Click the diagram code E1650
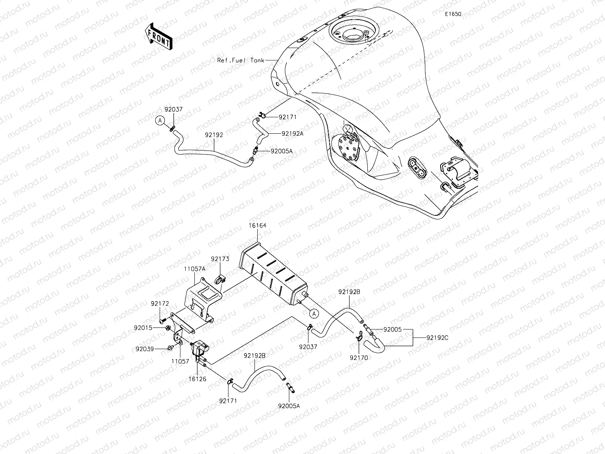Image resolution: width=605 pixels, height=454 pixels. coord(453,14)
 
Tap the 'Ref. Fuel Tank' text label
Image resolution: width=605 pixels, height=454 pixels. coord(240,60)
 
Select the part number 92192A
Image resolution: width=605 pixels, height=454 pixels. coord(292,134)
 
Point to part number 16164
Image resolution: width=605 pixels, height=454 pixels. coord(257,226)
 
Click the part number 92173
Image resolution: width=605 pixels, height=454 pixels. coord(220,259)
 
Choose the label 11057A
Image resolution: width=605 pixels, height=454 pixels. coord(195,269)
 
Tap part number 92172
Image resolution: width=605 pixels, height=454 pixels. coord(160,304)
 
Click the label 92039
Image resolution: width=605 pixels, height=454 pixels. coord(144,349)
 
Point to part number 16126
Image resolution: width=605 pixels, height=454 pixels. coord(198,379)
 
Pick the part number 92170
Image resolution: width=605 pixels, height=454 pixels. coord(359,358)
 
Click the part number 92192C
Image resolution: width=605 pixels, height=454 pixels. coord(437,337)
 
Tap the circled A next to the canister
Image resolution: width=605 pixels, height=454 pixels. coord(315,313)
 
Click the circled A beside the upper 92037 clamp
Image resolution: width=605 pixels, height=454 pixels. coord(160,120)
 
